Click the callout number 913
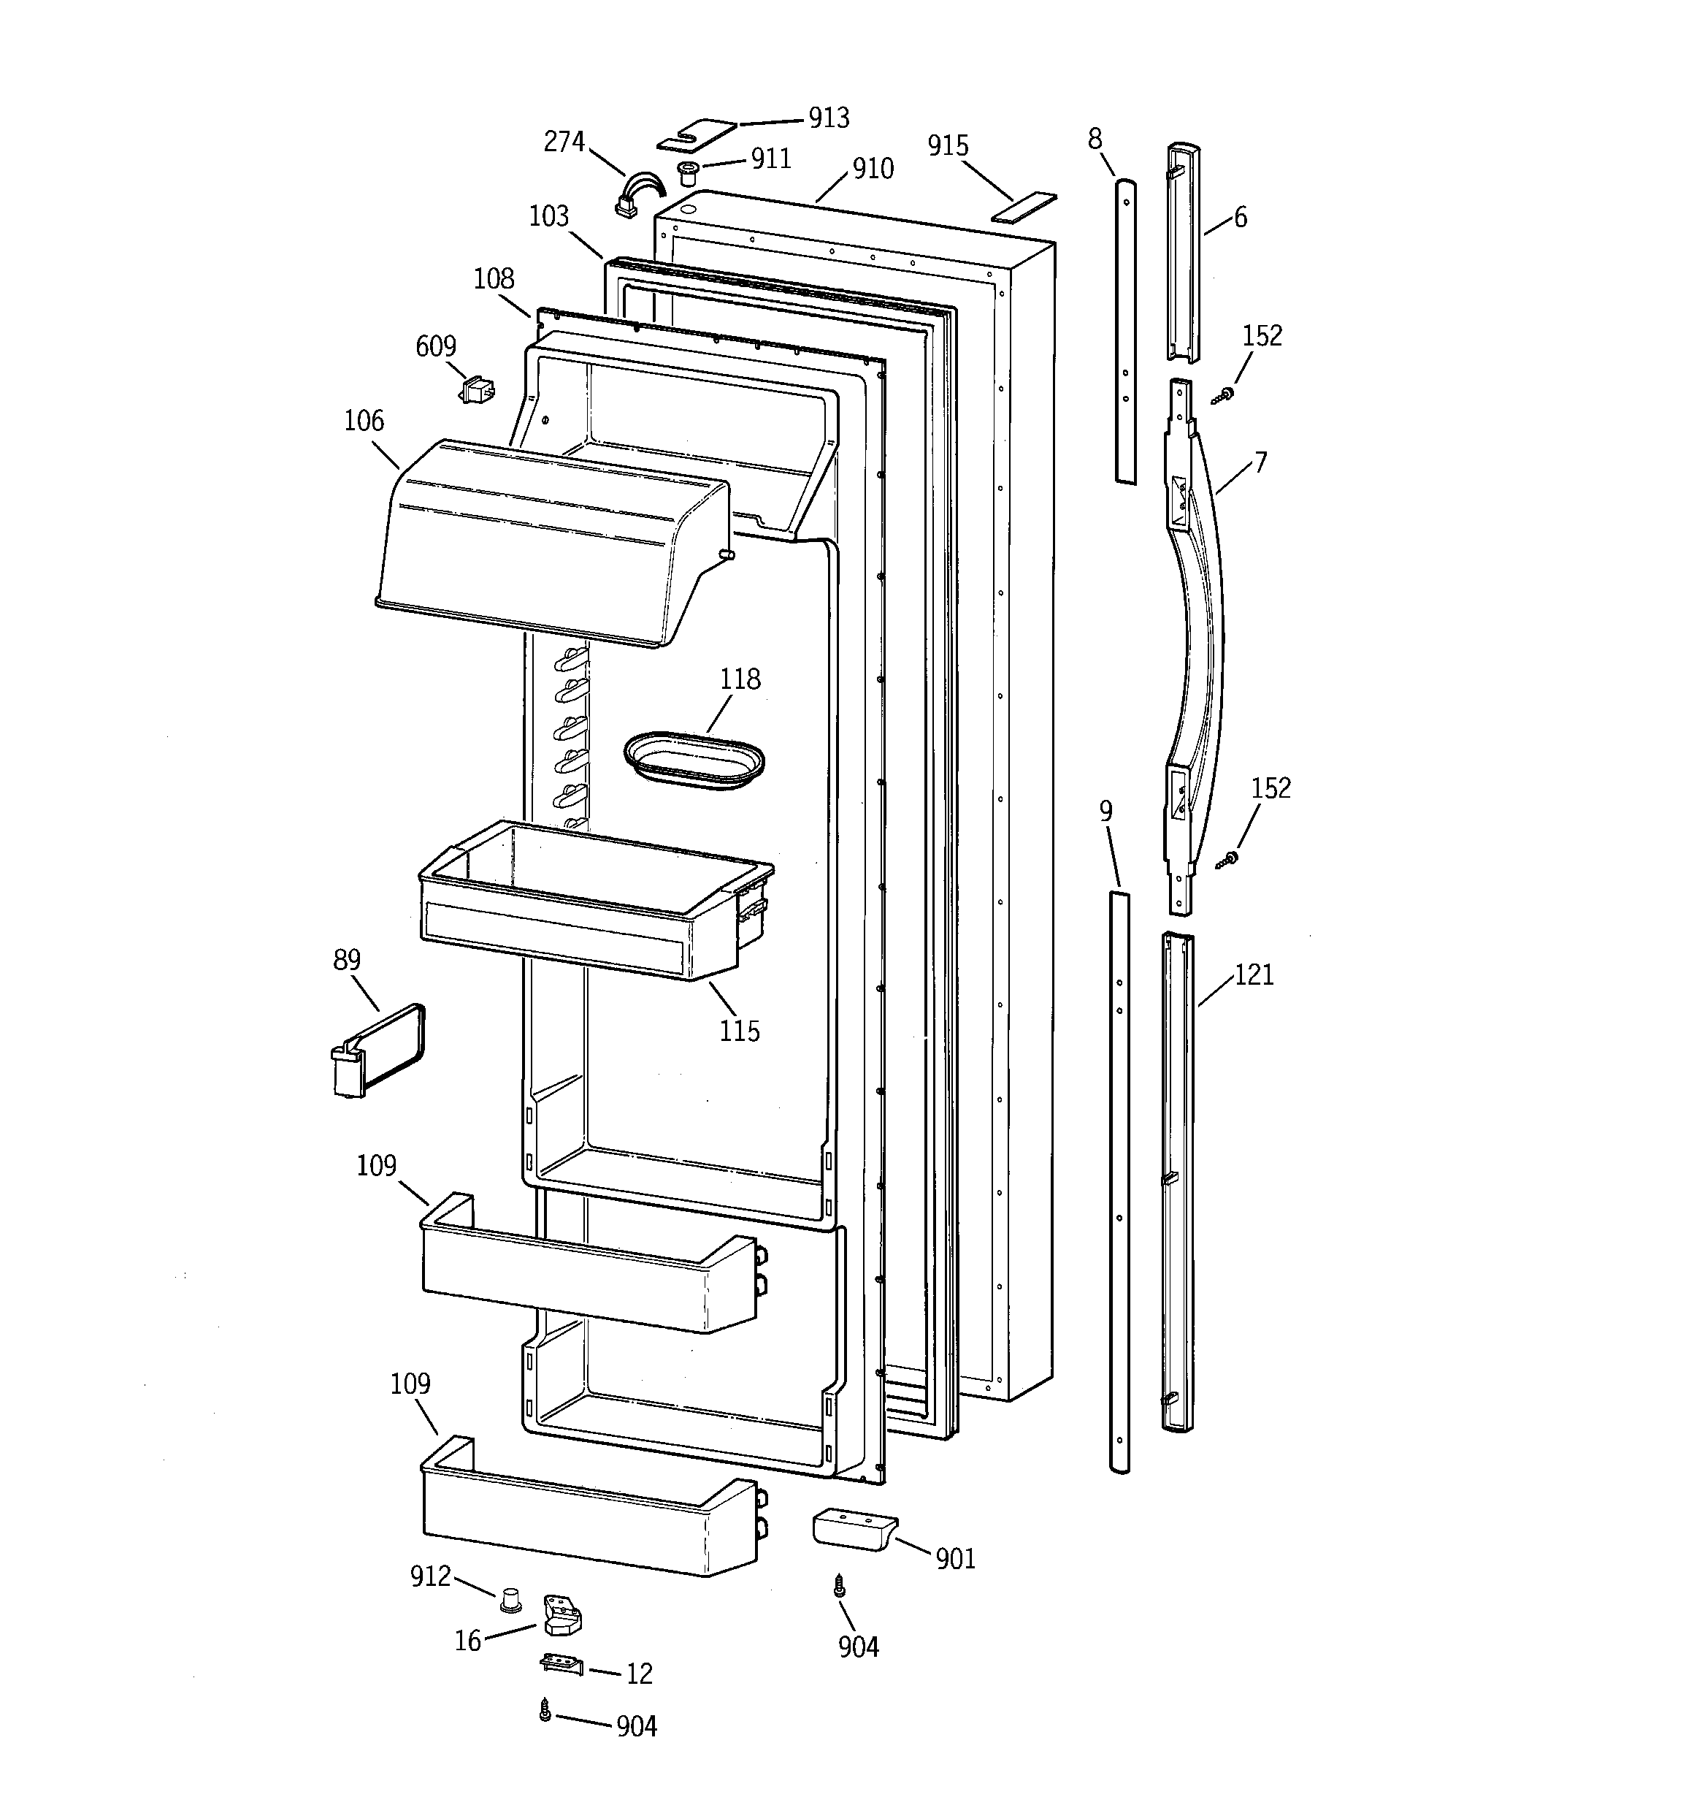(x=828, y=118)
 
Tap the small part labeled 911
(x=689, y=171)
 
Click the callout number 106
(x=364, y=421)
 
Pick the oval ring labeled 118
(x=694, y=760)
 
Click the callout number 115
(x=739, y=1031)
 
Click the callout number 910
(x=872, y=169)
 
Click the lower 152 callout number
(x=1270, y=787)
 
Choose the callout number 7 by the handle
(x=1260, y=463)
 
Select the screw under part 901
(x=839, y=1586)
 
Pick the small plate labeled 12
(x=561, y=1663)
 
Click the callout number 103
(x=548, y=216)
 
